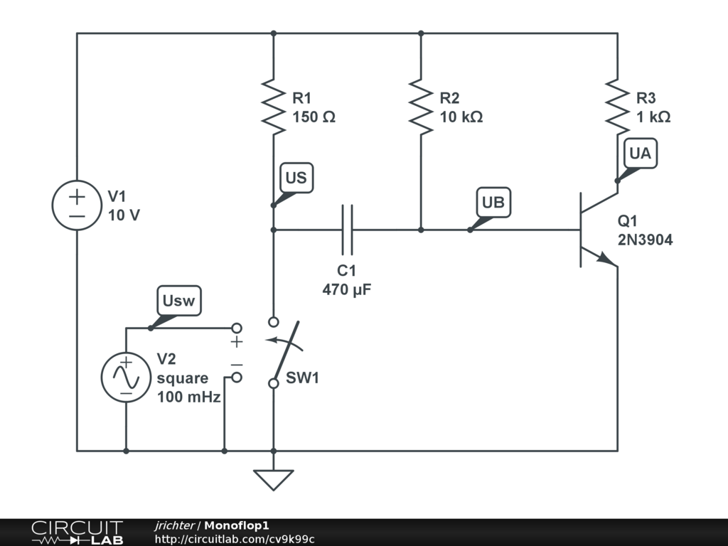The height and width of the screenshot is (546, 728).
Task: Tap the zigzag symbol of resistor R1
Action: point(274,107)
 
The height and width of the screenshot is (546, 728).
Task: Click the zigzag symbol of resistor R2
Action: point(421,107)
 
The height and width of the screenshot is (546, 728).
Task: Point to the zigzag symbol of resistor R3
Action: point(618,107)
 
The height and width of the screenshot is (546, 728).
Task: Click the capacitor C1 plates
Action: point(347,230)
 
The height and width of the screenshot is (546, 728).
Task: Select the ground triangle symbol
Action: point(274,480)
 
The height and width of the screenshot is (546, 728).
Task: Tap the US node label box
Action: point(296,177)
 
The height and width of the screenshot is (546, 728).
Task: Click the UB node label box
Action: point(493,203)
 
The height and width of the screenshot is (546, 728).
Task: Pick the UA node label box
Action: point(641,154)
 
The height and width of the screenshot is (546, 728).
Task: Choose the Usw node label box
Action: point(178,301)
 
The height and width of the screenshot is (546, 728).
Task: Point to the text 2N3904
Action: point(645,240)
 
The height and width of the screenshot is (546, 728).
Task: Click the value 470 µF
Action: point(347,290)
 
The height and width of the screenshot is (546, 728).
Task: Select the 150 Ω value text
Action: point(314,117)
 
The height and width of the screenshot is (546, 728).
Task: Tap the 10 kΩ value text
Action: point(461,117)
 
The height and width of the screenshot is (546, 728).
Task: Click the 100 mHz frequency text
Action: point(188,397)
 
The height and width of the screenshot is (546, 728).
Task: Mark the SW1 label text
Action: point(302,378)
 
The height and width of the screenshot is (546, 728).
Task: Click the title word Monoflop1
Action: point(236,525)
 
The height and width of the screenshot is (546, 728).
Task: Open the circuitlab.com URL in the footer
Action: point(235,539)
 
